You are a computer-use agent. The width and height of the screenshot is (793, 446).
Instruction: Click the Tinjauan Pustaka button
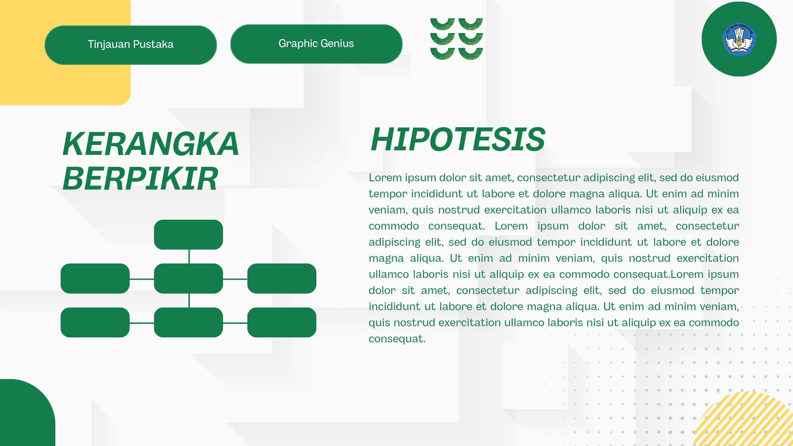[x=131, y=45]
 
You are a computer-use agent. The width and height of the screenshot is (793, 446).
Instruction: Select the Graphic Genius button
[x=316, y=44]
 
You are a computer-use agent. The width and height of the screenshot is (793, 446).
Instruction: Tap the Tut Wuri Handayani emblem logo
[x=739, y=39]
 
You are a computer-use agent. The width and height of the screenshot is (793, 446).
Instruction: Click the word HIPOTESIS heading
[x=458, y=139]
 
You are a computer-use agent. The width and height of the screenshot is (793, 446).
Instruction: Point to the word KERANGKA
[x=151, y=144]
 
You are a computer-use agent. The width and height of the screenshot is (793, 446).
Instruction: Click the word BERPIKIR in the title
[x=140, y=179]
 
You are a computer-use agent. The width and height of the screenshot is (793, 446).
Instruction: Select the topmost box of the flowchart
[x=188, y=235]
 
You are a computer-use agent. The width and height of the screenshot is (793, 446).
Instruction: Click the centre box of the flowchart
[x=188, y=278]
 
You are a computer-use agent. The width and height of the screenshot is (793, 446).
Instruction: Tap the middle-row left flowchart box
[x=95, y=278]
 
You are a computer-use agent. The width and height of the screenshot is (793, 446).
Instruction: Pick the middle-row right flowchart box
[x=282, y=278]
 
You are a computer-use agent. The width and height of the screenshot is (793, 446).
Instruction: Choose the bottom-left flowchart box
[x=95, y=322]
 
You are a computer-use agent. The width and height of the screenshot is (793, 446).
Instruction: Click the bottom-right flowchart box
[x=282, y=322]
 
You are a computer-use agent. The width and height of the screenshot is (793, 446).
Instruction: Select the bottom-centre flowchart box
[x=188, y=322]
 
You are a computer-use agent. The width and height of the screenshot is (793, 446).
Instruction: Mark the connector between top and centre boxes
[x=189, y=256]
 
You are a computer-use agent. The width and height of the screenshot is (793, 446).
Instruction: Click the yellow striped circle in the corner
[x=748, y=421]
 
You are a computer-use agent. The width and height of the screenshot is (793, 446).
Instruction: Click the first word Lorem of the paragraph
[x=385, y=178]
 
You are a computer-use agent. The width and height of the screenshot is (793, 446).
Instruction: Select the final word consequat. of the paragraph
[x=397, y=339]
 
